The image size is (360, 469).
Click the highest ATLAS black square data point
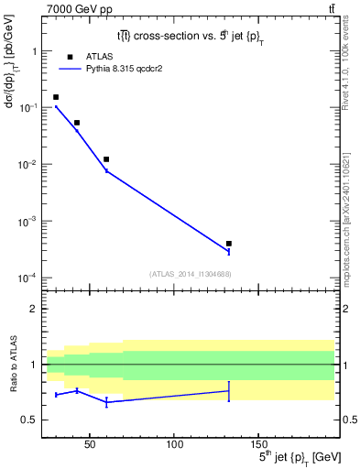pyautogui.click(x=56, y=97)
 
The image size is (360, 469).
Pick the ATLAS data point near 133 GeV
pyautogui.click(x=229, y=244)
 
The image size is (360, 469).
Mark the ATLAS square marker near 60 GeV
pyautogui.click(x=106, y=159)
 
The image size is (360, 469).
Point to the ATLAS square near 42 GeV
pyautogui.click(x=77, y=123)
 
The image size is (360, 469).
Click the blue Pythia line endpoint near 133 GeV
pyautogui.click(x=229, y=252)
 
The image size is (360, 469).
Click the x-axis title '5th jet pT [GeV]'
pyautogui.click(x=289, y=457)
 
